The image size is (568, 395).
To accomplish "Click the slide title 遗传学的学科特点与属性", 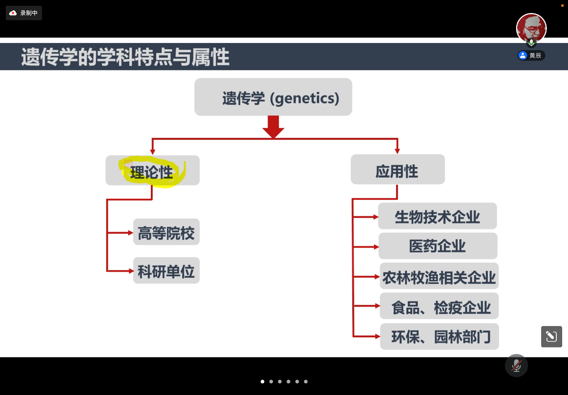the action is point(125,57).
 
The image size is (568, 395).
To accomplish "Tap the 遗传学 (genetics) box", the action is point(273,97).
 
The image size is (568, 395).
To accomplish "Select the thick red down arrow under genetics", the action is point(273,127).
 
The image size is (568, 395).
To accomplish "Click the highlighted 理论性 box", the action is point(152,170).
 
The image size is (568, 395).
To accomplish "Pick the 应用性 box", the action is point(397,169).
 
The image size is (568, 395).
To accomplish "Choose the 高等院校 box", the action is point(167,232).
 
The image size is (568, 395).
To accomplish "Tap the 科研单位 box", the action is point(167,270).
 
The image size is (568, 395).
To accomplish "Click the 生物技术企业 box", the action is point(437,216).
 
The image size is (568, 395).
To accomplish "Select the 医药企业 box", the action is point(438,246).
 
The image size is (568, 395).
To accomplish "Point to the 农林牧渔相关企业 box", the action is point(439,276).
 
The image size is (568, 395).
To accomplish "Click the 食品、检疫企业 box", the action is point(439,306).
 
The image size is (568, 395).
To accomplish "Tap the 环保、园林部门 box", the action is point(440,336).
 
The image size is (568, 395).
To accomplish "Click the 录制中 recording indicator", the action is point(24,13).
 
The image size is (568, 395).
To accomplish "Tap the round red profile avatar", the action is point(531,28).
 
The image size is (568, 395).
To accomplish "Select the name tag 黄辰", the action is point(531,56).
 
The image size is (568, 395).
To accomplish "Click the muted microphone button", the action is point(516,365).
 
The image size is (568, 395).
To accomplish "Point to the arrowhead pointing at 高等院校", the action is point(131,232).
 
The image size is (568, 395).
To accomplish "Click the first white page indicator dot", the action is point(262,382).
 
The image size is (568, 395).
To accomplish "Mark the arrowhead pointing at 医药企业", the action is point(376,247).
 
